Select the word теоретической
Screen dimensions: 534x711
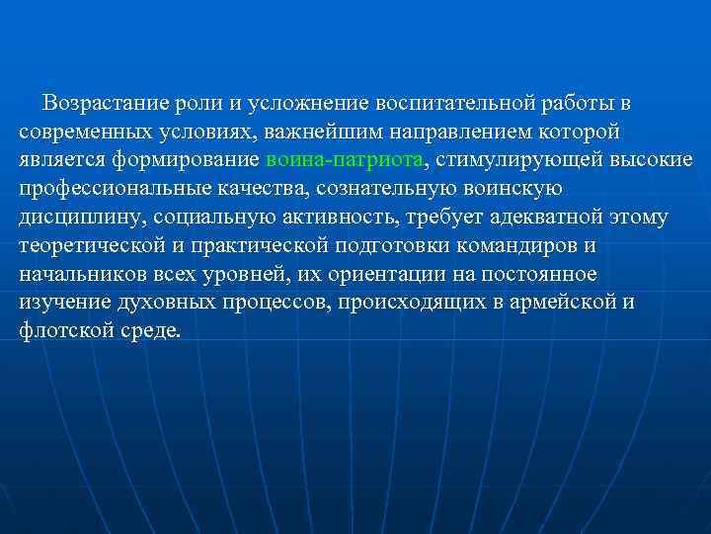tap(84, 244)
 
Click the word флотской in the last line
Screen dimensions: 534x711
tap(59, 329)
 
